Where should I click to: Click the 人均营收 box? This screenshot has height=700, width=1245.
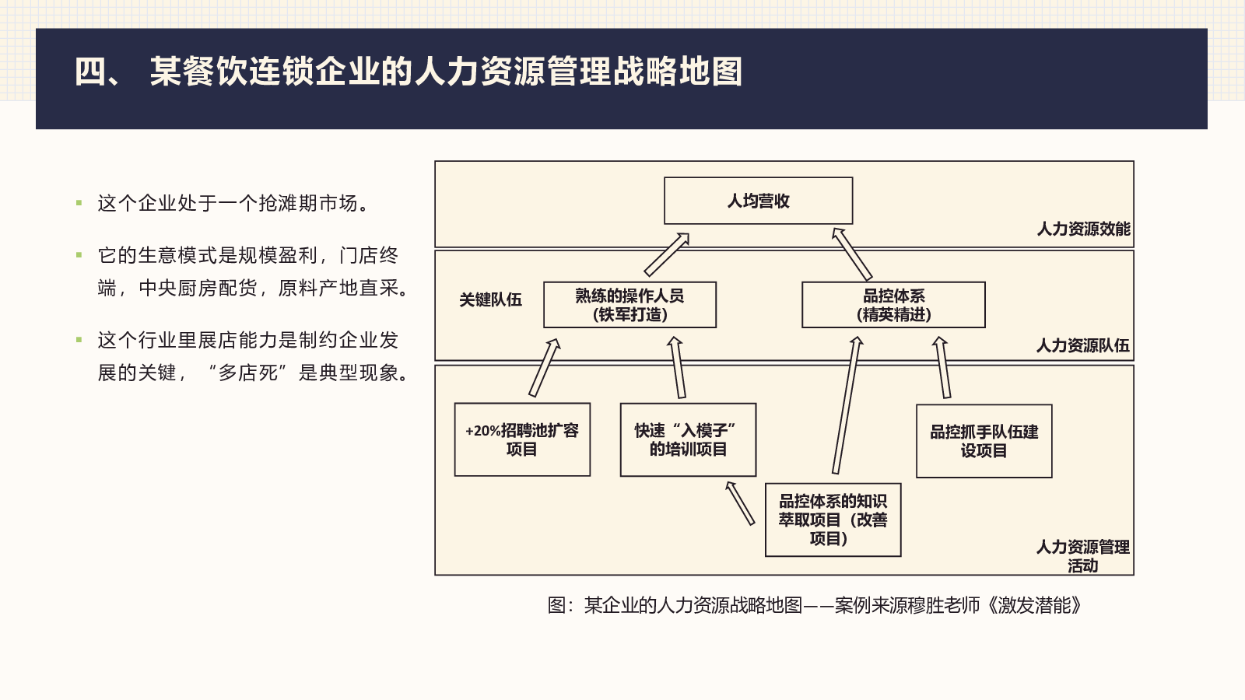[x=758, y=201]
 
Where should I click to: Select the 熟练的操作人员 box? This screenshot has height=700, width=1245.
[x=630, y=304]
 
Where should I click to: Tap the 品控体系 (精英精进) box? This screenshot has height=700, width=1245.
[x=893, y=304]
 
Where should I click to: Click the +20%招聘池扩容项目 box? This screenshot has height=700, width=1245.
[x=522, y=439]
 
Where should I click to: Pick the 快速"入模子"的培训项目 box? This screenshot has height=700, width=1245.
[x=688, y=439]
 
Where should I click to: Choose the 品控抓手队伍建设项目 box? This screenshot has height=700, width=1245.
[x=984, y=440]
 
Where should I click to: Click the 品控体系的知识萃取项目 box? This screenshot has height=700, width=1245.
[x=833, y=520]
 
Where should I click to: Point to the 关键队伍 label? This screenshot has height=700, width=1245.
[x=490, y=300]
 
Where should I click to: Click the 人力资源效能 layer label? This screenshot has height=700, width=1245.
[x=1083, y=229]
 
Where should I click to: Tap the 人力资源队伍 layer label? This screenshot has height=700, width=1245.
[x=1082, y=345]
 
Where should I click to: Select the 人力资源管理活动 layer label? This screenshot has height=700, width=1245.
[x=1082, y=556]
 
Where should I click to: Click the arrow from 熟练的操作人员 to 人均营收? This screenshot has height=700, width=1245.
[x=667, y=254]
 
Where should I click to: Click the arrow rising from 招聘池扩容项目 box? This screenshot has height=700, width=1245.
[x=544, y=368]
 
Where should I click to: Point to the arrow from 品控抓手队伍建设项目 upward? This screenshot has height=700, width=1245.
[x=942, y=367]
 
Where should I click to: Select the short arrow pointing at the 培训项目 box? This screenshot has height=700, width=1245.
[x=740, y=503]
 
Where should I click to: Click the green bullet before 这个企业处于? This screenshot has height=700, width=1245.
[x=79, y=203]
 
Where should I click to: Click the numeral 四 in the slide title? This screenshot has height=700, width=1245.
[x=91, y=72]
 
